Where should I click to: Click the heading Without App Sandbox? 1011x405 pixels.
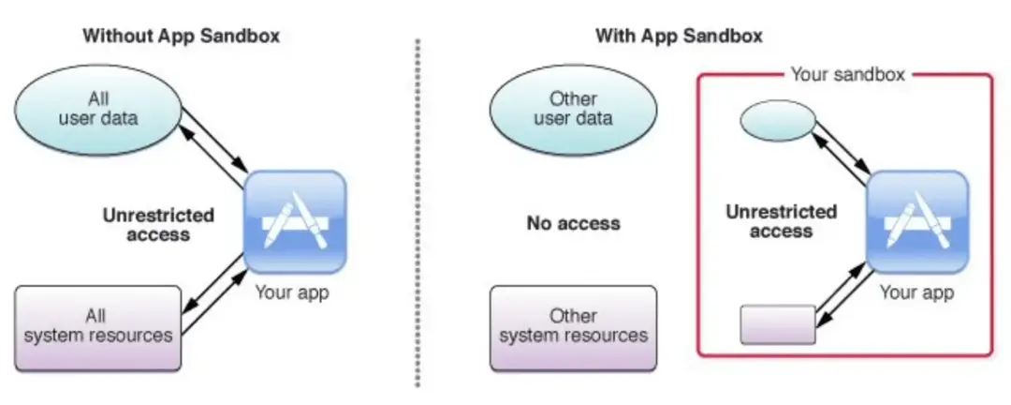point(182,36)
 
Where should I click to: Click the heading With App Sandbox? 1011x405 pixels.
point(679,36)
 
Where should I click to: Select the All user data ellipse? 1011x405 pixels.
point(98,110)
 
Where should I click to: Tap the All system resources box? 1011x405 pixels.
point(98,328)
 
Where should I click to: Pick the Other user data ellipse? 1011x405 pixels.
point(573,110)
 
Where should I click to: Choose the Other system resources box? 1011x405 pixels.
point(573,328)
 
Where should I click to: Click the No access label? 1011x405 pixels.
point(573,223)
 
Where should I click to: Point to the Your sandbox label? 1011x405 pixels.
point(848,74)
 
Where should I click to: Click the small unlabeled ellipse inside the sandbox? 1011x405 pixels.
point(778,121)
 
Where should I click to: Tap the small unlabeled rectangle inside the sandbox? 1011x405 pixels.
point(778,324)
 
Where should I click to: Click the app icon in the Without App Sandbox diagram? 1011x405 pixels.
point(295,221)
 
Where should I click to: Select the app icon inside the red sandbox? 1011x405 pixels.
point(916,221)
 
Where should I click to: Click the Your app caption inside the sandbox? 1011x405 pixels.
point(916,292)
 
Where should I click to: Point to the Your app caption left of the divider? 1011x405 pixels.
point(292,292)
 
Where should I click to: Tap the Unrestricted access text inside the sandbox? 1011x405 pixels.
point(781,221)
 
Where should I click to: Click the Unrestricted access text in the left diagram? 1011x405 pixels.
point(158,223)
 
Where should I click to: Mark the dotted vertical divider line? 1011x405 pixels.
point(418,213)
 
